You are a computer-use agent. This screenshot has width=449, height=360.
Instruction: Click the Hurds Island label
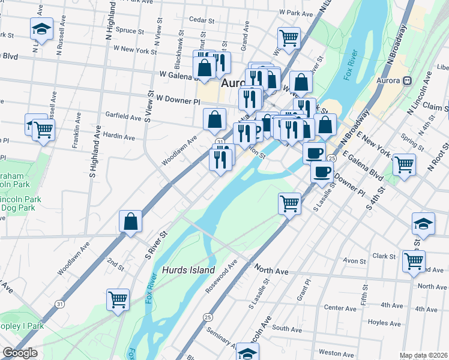click(x=188, y=271)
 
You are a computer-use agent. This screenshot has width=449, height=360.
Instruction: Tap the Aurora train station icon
click(x=407, y=80)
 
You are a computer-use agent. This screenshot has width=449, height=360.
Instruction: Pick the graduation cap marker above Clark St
click(x=423, y=224)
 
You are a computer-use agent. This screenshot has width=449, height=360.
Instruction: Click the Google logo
click(x=20, y=353)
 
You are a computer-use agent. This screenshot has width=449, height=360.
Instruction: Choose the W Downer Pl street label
click(x=177, y=97)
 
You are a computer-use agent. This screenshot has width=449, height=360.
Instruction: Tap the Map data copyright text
click(x=423, y=355)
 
